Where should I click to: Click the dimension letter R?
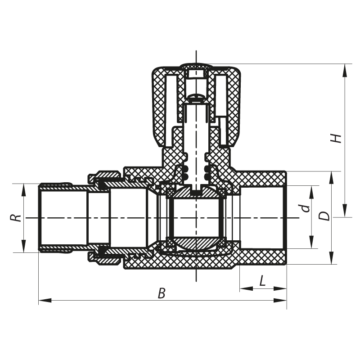point(16,218)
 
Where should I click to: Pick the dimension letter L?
point(263,281)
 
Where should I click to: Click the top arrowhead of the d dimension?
point(311,189)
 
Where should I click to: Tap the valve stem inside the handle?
point(197,139)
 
